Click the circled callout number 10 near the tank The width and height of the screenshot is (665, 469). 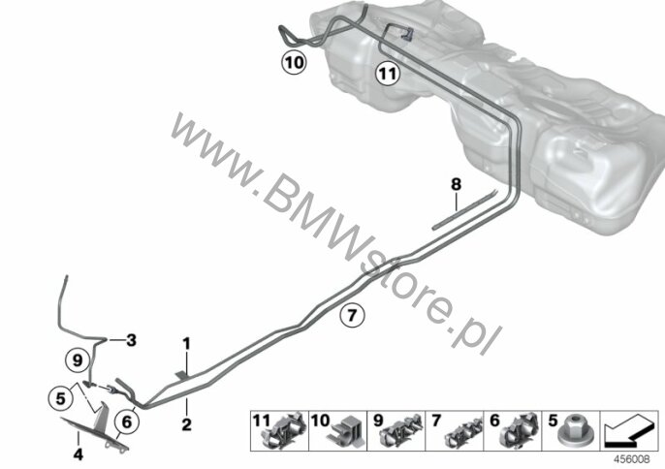tap(294, 63)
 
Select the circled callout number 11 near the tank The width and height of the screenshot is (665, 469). tap(388, 74)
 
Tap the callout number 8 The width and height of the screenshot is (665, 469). tap(456, 184)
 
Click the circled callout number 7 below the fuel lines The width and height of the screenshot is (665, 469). tap(353, 316)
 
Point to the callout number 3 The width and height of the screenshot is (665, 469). tap(131, 340)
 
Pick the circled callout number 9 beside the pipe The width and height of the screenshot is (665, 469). tap(78, 360)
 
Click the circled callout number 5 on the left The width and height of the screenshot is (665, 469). tap(61, 398)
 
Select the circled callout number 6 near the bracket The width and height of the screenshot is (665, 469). tap(127, 422)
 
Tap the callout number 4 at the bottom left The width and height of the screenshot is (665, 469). tap(78, 454)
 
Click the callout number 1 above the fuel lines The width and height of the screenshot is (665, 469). tap(186, 344)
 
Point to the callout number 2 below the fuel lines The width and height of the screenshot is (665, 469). tap(186, 424)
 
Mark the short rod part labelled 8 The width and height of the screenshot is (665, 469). tap(465, 210)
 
